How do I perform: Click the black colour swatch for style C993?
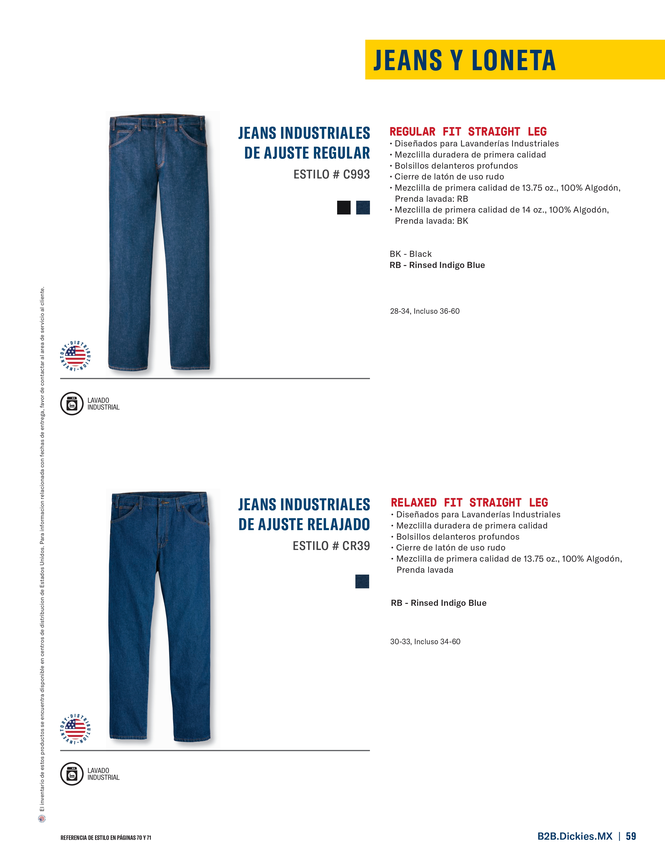click(x=343, y=208)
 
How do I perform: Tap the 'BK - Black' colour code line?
click(x=410, y=254)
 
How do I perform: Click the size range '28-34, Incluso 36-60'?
click(x=425, y=311)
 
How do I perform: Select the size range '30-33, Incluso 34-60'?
click(x=425, y=642)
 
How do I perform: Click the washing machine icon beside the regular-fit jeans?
click(x=71, y=404)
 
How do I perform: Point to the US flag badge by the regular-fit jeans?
click(x=75, y=355)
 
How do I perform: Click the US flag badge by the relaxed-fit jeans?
click(x=75, y=729)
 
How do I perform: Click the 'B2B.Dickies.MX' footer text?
click(x=574, y=836)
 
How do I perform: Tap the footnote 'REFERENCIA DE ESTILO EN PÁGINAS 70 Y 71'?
click(x=106, y=838)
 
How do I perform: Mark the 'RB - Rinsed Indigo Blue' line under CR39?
click(x=438, y=603)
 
